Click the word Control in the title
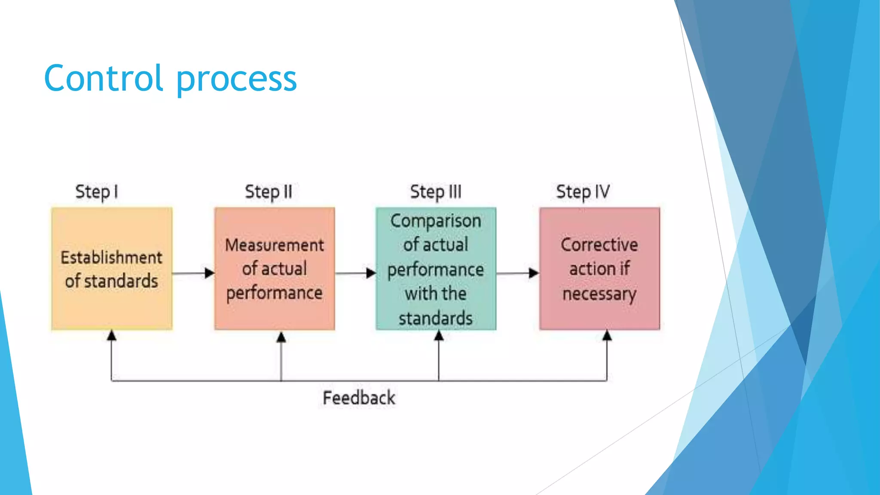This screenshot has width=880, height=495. tap(103, 78)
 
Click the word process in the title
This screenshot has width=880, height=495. tap(236, 80)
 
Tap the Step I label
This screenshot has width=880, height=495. tap(97, 192)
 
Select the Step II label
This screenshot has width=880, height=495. tap(269, 192)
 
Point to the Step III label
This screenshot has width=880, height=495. tap(436, 192)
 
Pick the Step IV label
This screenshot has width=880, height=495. tap(583, 192)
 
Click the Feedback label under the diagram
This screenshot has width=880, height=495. tap(359, 398)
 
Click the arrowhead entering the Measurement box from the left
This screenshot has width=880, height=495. tap(209, 273)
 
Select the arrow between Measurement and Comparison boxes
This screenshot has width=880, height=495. tap(355, 273)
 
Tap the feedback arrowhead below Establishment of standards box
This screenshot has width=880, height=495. tap(112, 336)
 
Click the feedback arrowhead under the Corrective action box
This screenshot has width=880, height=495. tap(607, 336)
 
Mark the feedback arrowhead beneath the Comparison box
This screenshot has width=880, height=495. tap(439, 336)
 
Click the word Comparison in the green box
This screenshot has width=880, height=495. tap(436, 221)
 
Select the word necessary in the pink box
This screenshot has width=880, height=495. tap(599, 294)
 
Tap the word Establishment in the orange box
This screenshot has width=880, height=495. tap(112, 257)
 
